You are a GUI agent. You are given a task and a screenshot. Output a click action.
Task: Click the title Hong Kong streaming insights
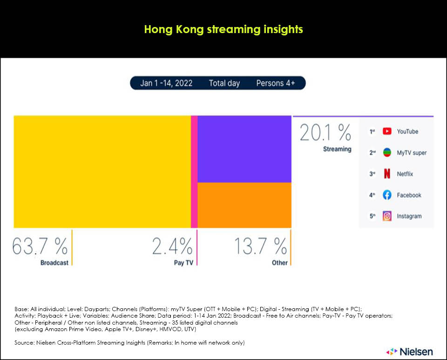click(x=223, y=29)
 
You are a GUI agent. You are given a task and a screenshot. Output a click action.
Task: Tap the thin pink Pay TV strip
click(x=194, y=171)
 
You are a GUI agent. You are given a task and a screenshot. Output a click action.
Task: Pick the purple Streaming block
click(x=244, y=149)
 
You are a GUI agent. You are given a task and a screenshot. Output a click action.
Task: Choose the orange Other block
click(x=244, y=205)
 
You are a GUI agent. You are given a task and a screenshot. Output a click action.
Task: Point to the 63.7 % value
click(x=40, y=246)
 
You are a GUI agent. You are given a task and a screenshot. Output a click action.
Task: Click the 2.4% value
click(x=172, y=246)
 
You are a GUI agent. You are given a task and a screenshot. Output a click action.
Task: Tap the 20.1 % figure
click(x=325, y=133)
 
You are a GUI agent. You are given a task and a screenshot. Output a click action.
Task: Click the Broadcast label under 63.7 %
click(x=54, y=263)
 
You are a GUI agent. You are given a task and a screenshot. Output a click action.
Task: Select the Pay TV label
click(x=183, y=263)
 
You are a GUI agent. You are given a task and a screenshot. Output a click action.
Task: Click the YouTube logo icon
click(x=387, y=132)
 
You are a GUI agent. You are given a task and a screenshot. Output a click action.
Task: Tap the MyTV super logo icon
click(x=387, y=153)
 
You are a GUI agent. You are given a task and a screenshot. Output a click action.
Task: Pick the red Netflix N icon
click(x=387, y=174)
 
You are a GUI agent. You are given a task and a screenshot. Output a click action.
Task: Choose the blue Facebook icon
click(x=387, y=195)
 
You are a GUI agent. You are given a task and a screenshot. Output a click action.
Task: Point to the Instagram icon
click(x=387, y=216)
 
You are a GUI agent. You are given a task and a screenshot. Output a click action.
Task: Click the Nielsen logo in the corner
click(x=409, y=351)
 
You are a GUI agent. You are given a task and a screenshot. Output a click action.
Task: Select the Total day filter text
click(x=224, y=83)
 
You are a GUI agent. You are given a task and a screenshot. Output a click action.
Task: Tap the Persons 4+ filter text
click(x=276, y=83)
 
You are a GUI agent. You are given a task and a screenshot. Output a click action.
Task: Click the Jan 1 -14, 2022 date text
click(x=166, y=83)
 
